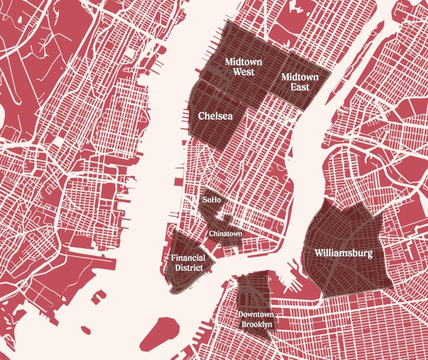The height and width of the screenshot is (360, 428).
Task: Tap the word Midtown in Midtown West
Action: [243, 62]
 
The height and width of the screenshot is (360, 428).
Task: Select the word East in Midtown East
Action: [300, 87]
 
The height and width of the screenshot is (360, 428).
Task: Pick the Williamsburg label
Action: [343, 253]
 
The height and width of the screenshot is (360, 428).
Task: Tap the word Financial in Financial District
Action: [188, 258]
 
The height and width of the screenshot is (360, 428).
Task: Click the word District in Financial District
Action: [188, 268]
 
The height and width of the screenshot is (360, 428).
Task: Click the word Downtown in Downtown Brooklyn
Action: [256, 314]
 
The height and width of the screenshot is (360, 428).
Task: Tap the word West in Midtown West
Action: [243, 72]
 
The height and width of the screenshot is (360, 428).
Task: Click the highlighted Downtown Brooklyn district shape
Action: [253, 292]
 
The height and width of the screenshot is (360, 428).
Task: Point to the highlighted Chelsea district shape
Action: [217, 134]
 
